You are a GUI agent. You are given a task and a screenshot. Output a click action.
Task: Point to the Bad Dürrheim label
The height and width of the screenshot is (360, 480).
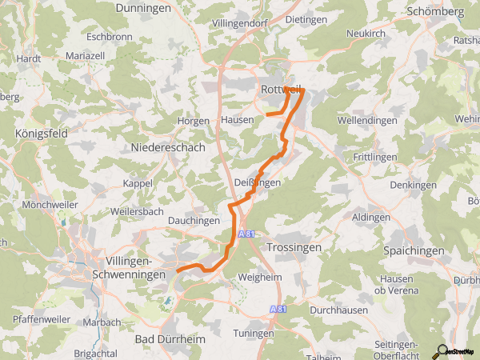170,339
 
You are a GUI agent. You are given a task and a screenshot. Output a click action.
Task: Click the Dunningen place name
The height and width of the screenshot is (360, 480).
144,7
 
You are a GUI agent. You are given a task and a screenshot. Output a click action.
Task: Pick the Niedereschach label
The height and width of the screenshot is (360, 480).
168,147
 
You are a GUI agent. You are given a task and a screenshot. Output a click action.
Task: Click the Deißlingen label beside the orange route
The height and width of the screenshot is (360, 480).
258,183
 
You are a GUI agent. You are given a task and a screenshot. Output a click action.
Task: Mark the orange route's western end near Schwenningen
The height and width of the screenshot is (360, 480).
178,270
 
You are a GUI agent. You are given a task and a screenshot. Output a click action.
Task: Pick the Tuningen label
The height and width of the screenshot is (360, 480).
254,332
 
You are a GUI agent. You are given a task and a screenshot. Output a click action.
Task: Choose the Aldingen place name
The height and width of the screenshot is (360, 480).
372,218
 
